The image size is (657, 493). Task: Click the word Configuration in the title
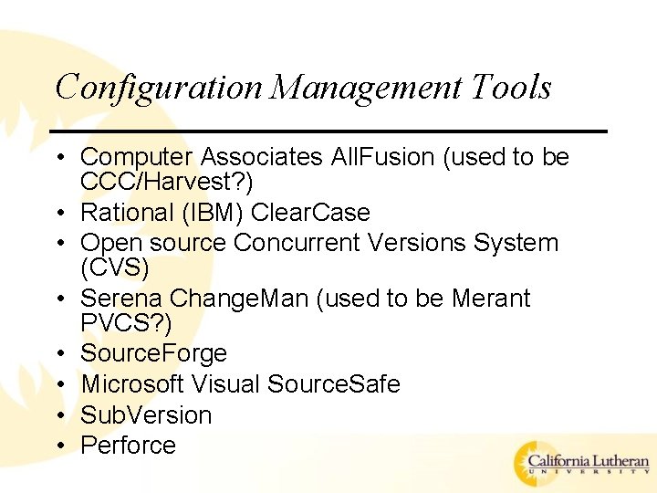pos(158,88)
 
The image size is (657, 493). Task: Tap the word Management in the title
pos(367,88)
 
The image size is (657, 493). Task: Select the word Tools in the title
pos(512,88)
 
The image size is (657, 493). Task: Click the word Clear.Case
pos(310,213)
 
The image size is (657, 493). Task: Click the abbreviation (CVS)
pos(113,267)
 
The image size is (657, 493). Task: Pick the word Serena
pos(122,299)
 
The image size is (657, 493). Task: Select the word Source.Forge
pos(153,353)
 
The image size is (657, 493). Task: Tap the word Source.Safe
pos(334,384)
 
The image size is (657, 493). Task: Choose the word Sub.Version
pos(146,414)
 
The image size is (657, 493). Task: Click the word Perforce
pos(128,446)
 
